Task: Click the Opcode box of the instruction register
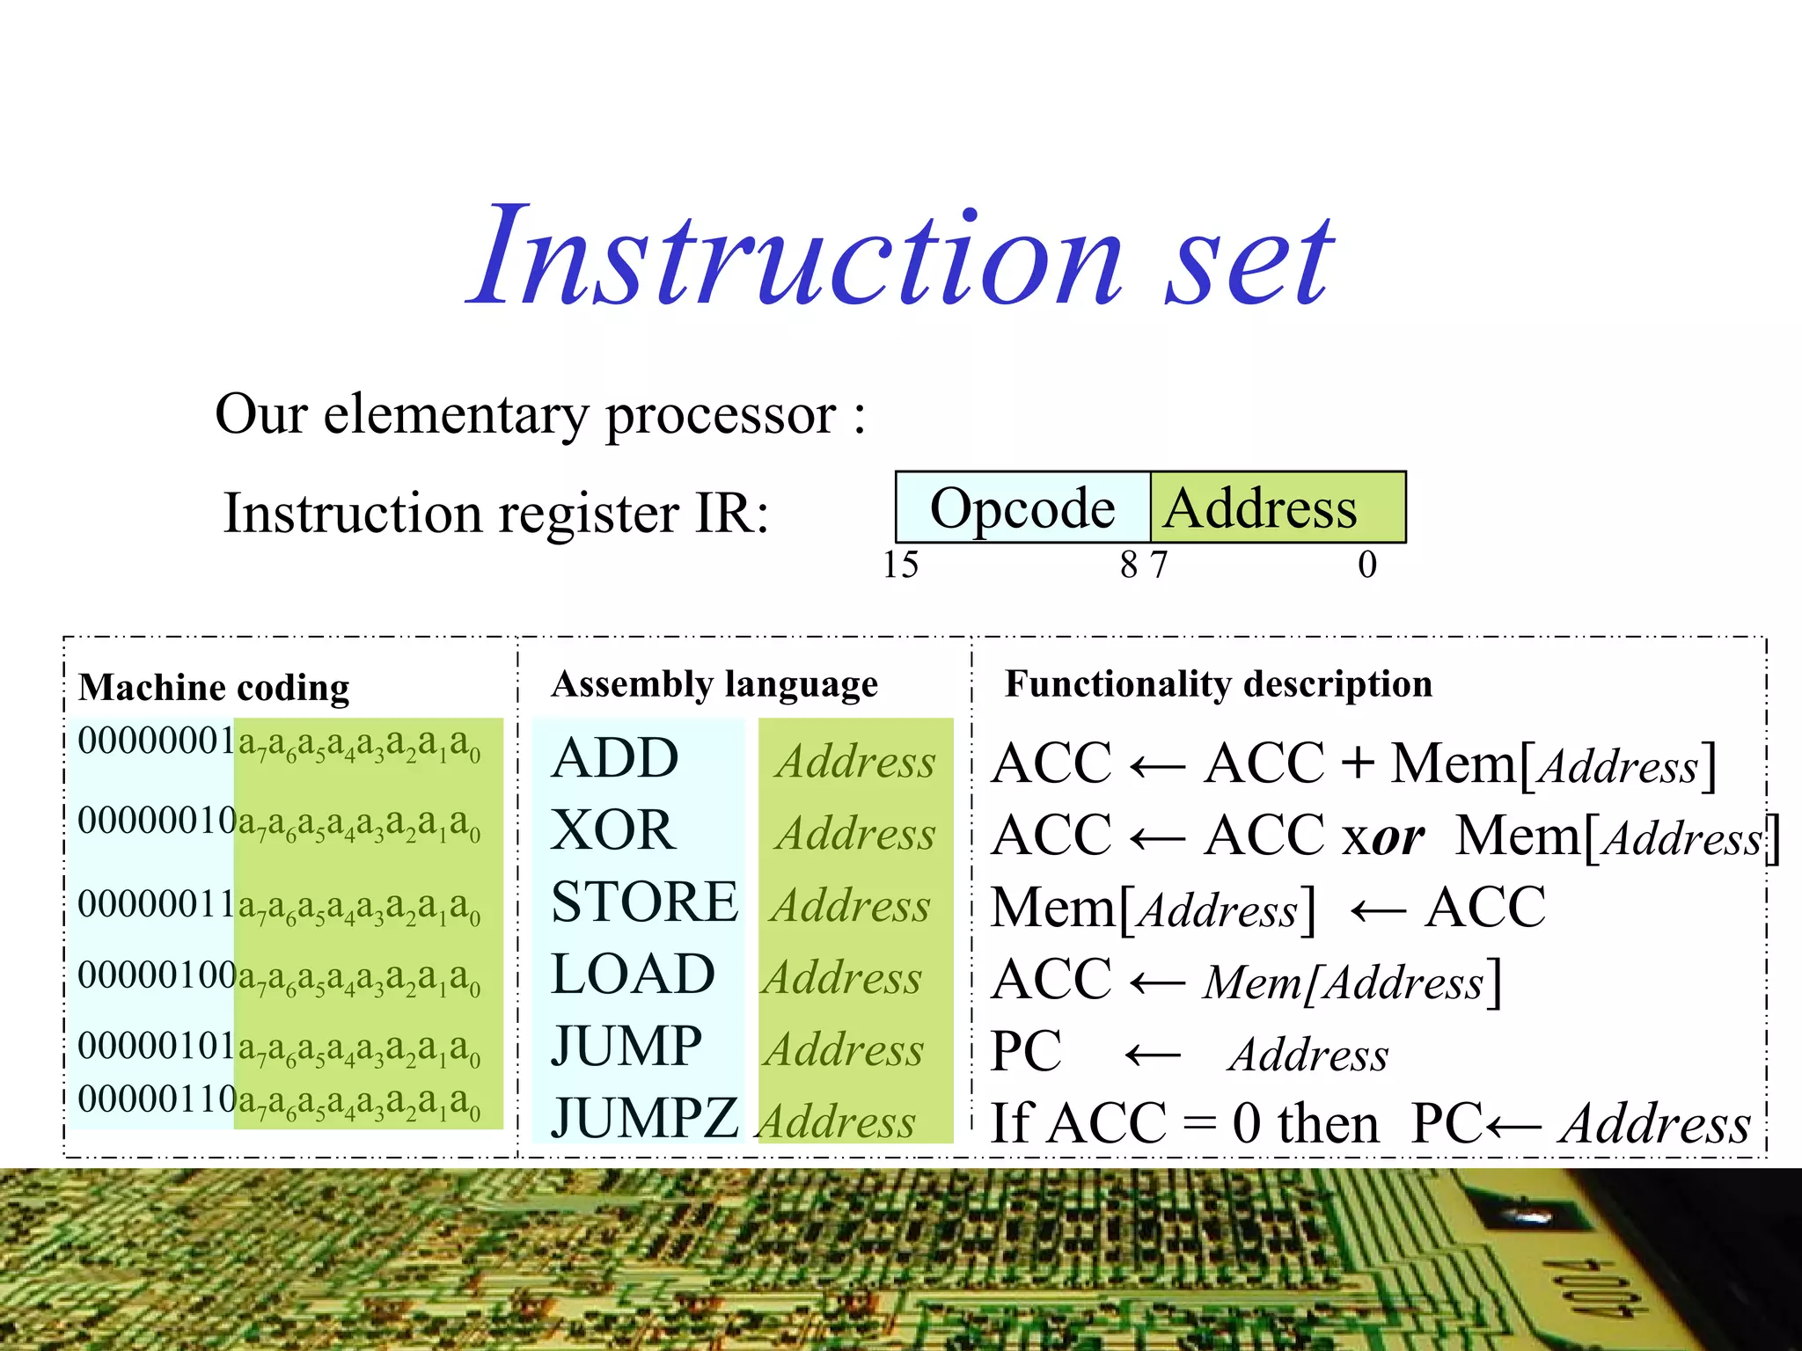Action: click(x=1022, y=508)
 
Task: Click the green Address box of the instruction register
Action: click(x=1278, y=508)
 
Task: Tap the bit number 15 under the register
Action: click(x=900, y=565)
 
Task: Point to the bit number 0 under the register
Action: click(x=1366, y=565)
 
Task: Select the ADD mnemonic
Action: click(x=615, y=758)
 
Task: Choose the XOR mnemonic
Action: click(x=613, y=830)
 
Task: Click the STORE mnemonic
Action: click(x=644, y=902)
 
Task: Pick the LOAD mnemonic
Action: click(x=633, y=975)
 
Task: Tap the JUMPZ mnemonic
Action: click(x=644, y=1119)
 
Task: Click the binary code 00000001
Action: click(x=156, y=741)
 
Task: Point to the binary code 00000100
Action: click(x=156, y=975)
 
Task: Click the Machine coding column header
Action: click(x=214, y=688)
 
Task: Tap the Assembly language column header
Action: click(x=714, y=684)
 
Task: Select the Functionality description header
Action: click(x=1219, y=684)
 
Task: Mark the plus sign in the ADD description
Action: click(x=1358, y=762)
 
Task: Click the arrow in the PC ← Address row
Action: click(x=1153, y=1054)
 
